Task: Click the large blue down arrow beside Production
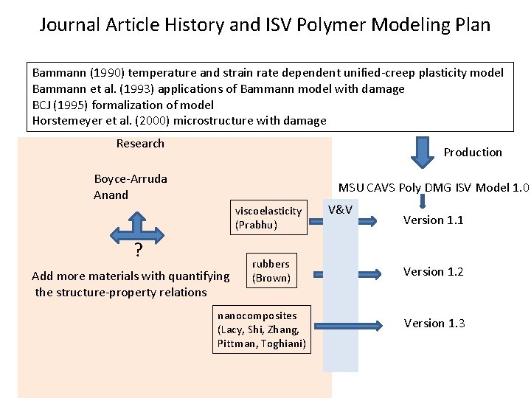coord(423,152)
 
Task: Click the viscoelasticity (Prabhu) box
coord(268,217)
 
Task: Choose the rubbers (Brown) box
coord(271,270)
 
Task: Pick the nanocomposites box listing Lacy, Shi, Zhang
coord(261,329)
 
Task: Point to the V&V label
coord(340,209)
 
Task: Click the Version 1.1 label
coord(433,220)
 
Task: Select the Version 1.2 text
coord(433,271)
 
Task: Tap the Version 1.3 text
coord(434,323)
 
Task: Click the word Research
coord(140,143)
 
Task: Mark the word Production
coord(473,152)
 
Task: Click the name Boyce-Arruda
coord(131,178)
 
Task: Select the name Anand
coord(111,195)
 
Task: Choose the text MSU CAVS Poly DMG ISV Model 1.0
coord(434,187)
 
